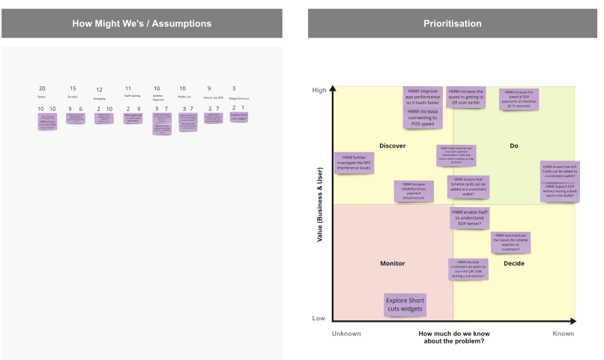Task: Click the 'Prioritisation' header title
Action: tap(452, 23)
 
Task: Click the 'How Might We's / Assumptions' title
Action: tap(142, 23)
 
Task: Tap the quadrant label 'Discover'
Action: tap(393, 145)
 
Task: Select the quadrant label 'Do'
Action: tap(514, 145)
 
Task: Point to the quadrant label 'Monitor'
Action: tap(392, 263)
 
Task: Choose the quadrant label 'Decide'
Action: tap(514, 263)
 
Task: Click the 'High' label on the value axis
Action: tap(319, 91)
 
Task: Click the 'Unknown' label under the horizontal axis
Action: tap(346, 334)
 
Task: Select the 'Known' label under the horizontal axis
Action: tap(563, 334)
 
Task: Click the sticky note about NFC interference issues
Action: tap(353, 163)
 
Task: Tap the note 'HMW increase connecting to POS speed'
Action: tap(423, 117)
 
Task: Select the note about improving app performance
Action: tap(423, 97)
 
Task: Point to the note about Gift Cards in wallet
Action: tap(559, 171)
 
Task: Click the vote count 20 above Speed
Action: tap(42, 88)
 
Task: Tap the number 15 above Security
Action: tap(73, 88)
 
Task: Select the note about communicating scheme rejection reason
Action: tap(511, 241)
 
